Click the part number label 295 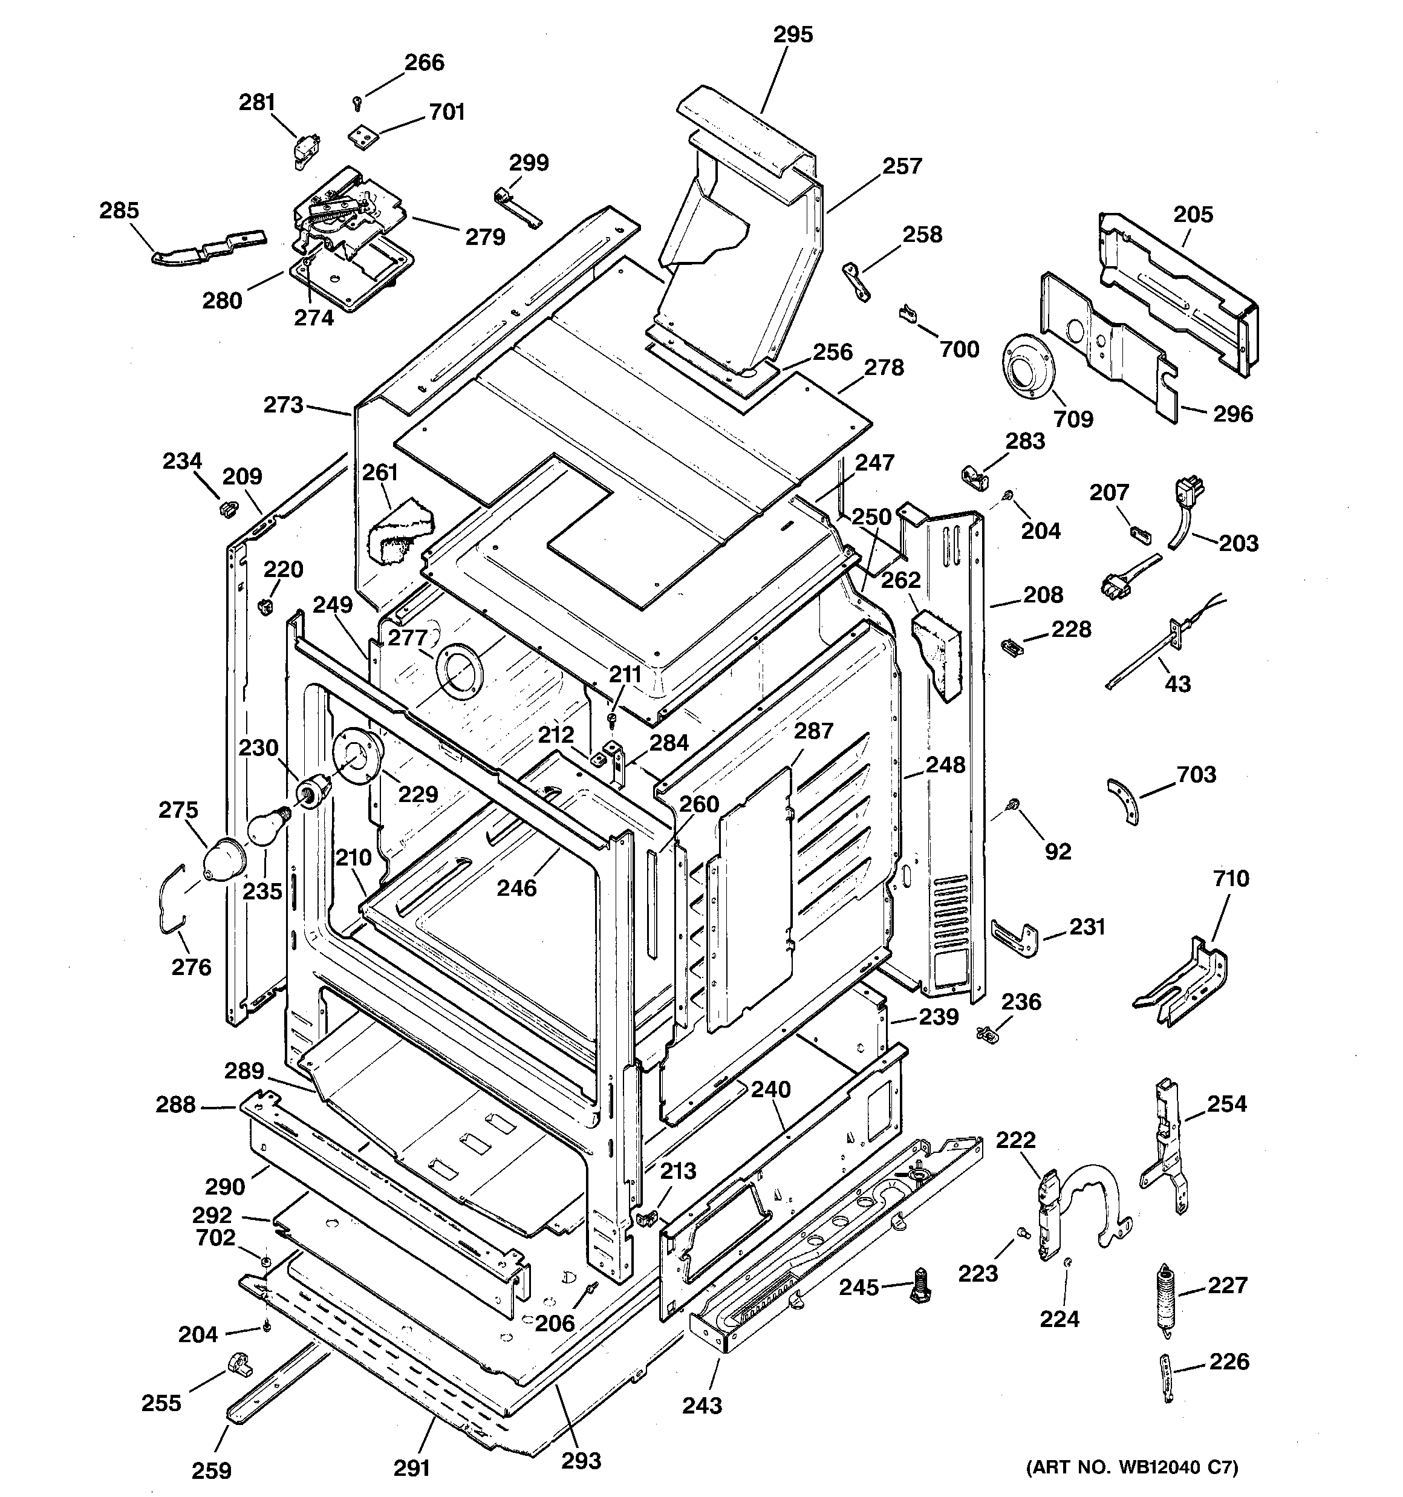[x=793, y=34]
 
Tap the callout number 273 [x=283, y=405]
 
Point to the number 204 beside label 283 [x=1040, y=531]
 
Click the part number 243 [x=702, y=1406]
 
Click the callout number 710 [x=1231, y=878]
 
